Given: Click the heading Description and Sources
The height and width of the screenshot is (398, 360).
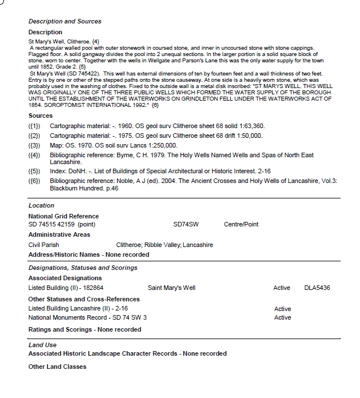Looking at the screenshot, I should (x=65, y=21).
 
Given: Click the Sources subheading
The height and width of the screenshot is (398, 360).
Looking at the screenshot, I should (x=41, y=116).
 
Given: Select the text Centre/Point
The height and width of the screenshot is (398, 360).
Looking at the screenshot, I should (x=241, y=225).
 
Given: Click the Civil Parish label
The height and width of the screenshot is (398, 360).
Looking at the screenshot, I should (x=43, y=245).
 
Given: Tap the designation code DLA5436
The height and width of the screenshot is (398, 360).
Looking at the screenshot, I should (x=317, y=288).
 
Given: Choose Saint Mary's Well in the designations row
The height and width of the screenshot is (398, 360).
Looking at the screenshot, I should (x=171, y=288).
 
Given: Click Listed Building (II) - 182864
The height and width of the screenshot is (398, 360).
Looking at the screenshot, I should (x=66, y=288).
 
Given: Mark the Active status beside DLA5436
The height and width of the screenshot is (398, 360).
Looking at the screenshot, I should (x=282, y=288).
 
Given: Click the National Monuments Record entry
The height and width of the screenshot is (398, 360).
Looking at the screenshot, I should (x=87, y=317).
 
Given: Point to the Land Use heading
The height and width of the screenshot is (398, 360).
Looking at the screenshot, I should (x=42, y=345).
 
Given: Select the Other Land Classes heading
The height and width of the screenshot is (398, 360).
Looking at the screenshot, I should (x=57, y=367).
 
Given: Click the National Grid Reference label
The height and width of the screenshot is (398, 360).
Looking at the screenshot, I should (x=63, y=216).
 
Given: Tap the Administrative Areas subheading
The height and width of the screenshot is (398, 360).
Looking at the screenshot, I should (x=59, y=235).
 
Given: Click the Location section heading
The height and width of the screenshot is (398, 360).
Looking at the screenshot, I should (x=41, y=205).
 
